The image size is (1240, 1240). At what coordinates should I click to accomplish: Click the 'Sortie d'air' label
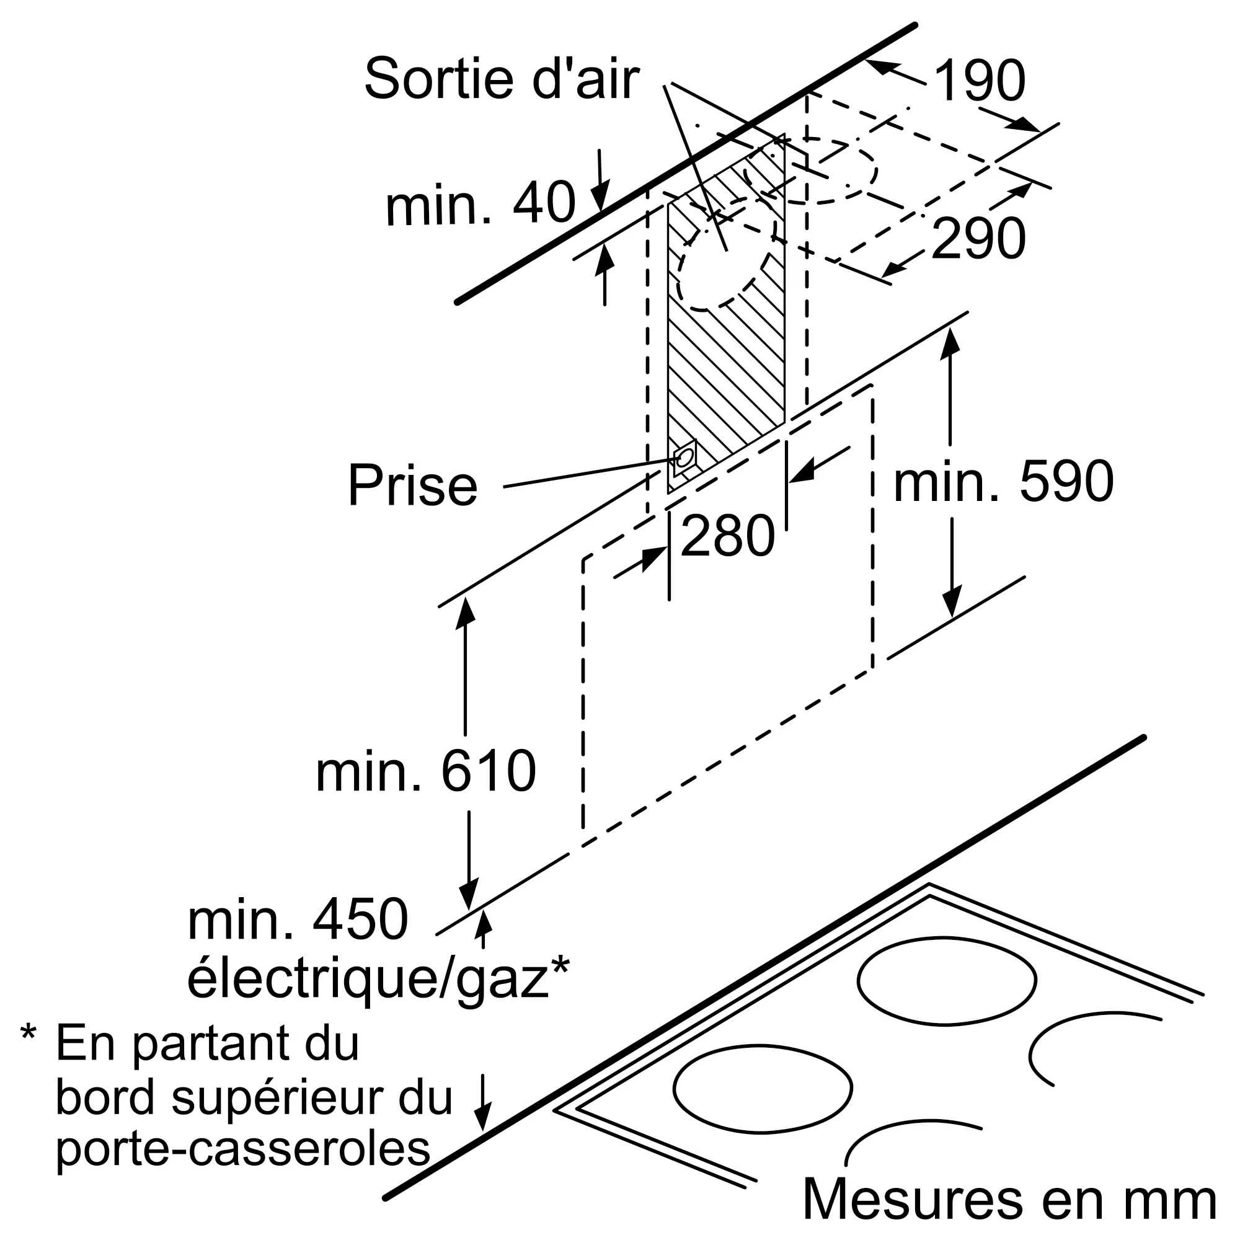click(x=501, y=79)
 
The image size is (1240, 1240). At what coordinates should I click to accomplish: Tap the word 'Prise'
click(x=413, y=486)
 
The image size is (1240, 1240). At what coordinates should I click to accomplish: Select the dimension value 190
click(x=980, y=81)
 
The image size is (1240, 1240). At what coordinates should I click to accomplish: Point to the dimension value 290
click(x=978, y=239)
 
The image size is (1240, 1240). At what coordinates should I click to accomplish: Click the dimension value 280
click(x=727, y=536)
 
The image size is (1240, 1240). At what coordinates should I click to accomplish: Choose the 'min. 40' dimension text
click(x=480, y=203)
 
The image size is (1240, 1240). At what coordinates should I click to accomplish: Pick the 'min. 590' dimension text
click(x=1003, y=482)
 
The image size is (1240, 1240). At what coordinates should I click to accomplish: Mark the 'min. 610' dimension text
click(x=425, y=771)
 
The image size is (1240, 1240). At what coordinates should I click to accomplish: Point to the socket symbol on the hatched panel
click(x=684, y=458)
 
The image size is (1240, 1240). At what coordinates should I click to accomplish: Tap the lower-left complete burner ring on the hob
click(x=763, y=1088)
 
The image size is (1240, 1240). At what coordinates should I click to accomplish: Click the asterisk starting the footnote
click(x=29, y=1035)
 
